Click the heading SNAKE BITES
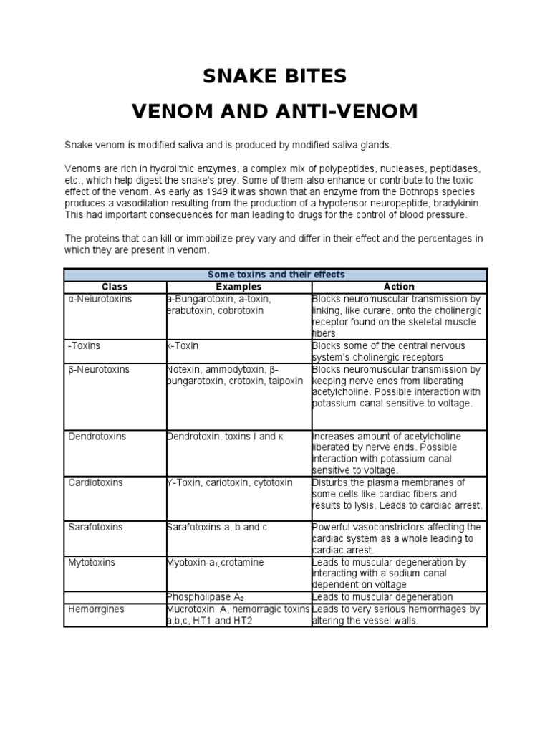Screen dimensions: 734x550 (275, 75)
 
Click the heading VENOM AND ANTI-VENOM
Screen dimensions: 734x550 (275, 112)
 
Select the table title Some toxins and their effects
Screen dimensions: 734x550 (276, 275)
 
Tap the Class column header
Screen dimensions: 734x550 (115, 287)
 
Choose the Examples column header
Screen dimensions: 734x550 (238, 287)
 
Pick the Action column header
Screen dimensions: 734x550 (399, 287)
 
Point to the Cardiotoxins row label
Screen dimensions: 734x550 (95, 482)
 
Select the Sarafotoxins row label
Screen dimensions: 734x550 (95, 527)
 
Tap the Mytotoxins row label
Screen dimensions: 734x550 (94, 562)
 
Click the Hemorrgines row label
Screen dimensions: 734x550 (96, 609)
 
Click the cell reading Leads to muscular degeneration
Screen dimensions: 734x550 (382, 597)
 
